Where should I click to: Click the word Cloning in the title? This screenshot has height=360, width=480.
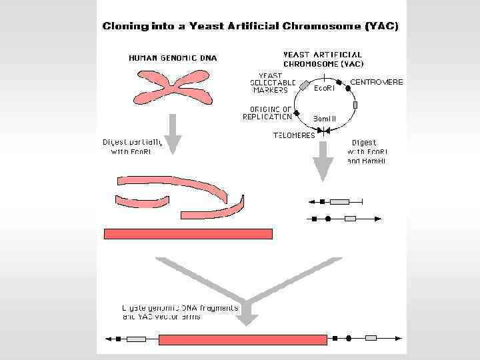point(124,27)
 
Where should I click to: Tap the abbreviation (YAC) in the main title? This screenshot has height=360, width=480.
point(382,27)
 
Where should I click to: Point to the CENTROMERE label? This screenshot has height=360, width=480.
point(377,82)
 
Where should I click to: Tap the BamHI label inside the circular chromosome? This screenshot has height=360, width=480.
point(325,119)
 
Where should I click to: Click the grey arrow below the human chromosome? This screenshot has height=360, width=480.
point(173,134)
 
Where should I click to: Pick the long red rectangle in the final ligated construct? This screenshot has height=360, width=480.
point(243,339)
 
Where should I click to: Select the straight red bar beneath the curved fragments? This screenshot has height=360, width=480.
point(189,233)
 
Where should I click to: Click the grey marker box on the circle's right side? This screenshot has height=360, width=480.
point(355,105)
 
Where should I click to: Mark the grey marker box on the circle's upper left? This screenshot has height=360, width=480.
point(304,86)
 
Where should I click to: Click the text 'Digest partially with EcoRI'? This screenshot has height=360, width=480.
point(133,147)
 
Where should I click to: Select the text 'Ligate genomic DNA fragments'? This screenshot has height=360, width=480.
point(180,308)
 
